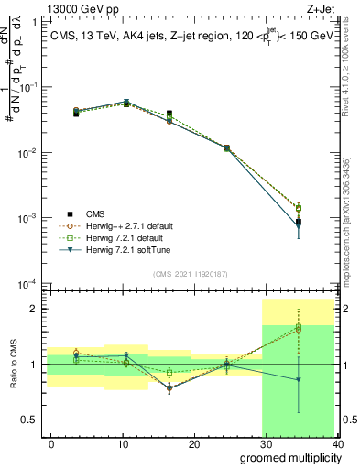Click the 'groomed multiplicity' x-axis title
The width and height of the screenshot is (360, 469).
click(288, 457)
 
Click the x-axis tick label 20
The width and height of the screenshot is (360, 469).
click(194, 444)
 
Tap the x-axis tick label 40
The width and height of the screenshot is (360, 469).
click(337, 444)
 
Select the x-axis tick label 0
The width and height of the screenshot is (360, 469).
click(51, 444)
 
